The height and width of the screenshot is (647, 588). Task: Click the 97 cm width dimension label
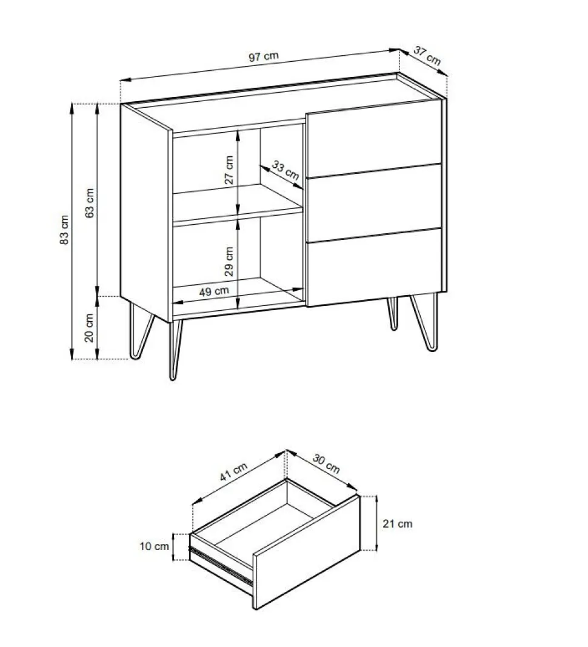click(264, 56)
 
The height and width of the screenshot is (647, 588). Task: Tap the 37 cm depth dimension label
click(427, 56)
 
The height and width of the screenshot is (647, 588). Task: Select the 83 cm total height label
click(64, 230)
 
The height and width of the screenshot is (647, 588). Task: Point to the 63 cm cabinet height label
click(90, 203)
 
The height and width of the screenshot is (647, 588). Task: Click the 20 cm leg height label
click(89, 328)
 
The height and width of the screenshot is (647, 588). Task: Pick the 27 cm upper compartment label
click(229, 170)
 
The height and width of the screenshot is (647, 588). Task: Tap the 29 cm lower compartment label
click(229, 261)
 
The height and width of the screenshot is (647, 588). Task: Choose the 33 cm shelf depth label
click(286, 170)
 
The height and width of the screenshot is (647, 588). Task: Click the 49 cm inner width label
click(214, 292)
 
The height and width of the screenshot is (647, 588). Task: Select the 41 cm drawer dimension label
click(233, 472)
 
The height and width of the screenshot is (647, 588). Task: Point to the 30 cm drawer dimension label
click(326, 464)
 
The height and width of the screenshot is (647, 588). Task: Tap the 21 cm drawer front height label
click(397, 523)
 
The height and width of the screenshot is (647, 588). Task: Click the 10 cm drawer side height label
click(154, 546)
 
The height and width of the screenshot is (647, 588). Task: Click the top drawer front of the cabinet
click(373, 139)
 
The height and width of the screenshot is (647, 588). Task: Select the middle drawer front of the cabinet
click(374, 202)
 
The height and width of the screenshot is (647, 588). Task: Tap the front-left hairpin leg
click(175, 349)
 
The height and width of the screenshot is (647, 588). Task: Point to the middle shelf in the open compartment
click(238, 204)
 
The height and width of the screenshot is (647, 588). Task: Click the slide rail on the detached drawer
click(221, 566)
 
